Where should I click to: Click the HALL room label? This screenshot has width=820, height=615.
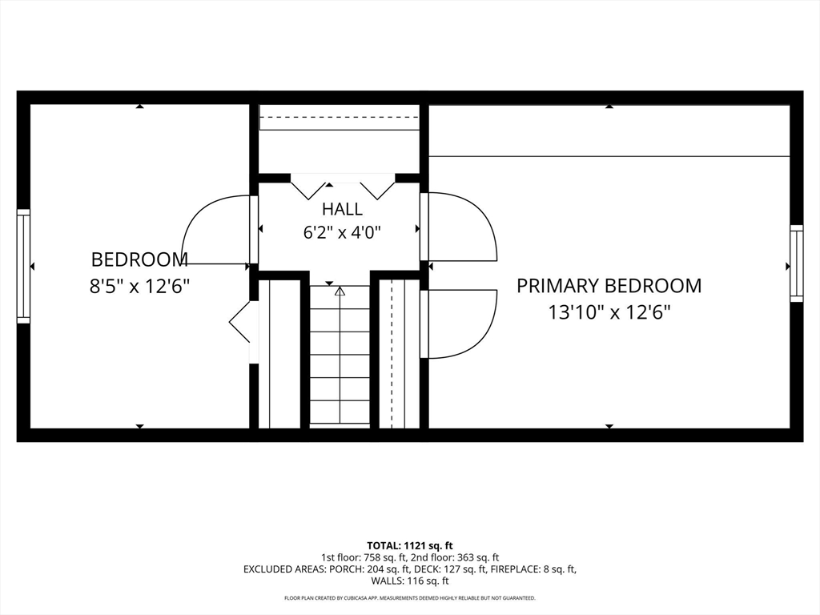point(342,209)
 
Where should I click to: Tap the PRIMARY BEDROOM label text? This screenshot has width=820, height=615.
point(609,286)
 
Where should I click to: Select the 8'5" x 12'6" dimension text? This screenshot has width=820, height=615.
point(139,287)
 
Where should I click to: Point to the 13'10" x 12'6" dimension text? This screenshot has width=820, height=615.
point(609,313)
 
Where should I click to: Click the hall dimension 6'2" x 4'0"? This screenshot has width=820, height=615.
point(342,231)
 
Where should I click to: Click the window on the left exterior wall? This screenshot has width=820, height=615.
point(23,266)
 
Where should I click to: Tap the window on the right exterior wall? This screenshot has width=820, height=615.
point(797,263)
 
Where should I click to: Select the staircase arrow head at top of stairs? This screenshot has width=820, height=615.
point(340,291)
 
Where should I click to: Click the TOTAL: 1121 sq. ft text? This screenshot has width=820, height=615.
point(409,546)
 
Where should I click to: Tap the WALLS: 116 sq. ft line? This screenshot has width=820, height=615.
point(410,581)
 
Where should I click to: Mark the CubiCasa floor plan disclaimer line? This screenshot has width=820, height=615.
point(410,597)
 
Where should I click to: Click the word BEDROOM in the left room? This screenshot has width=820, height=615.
point(139,260)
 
